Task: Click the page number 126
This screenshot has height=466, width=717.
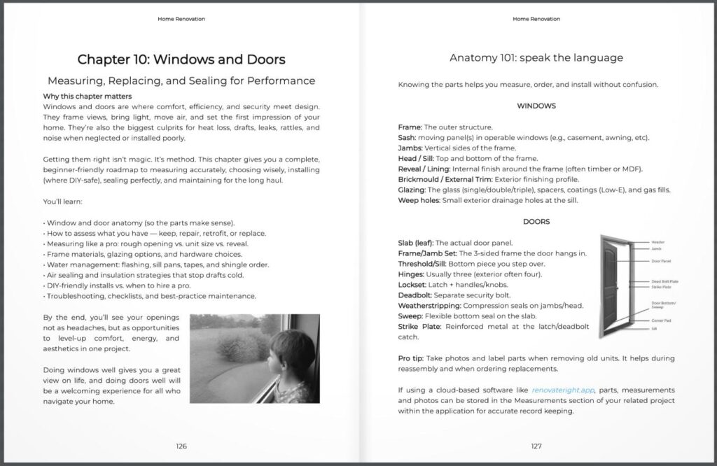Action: click(181, 446)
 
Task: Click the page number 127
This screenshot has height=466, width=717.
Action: click(536, 446)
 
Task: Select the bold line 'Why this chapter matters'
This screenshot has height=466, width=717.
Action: click(87, 96)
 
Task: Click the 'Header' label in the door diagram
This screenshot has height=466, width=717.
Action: click(658, 242)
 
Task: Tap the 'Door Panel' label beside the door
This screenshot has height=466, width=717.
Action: click(661, 261)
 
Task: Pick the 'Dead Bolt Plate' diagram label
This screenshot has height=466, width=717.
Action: click(664, 281)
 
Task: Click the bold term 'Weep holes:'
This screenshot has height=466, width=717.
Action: click(418, 201)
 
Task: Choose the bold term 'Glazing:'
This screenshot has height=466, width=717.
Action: click(412, 190)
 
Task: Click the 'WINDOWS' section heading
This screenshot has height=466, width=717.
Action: click(536, 106)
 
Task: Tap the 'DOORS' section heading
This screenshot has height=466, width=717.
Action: click(536, 222)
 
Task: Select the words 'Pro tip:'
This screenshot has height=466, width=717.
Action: click(413, 358)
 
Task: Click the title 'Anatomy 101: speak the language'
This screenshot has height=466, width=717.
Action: click(536, 57)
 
